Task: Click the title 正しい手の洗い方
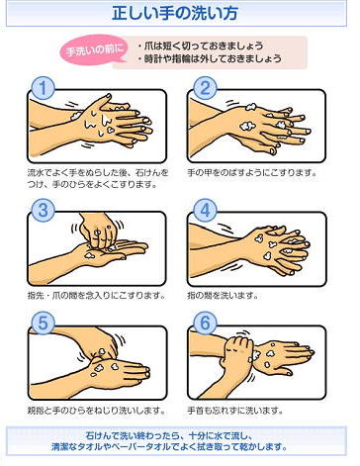coord(175,14)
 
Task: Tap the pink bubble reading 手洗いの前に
coord(94,50)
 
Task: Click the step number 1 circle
coord(44,88)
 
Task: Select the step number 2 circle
coord(205,88)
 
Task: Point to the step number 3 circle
coord(44,210)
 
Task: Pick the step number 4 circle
coord(205,210)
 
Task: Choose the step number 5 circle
coord(44,324)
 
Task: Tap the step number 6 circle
coord(205,324)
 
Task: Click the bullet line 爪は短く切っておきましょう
coord(201,46)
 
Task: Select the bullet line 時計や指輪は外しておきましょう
coord(210,58)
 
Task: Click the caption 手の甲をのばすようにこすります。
coord(252,172)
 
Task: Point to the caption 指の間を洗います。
coord(223,295)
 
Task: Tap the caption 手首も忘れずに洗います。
coord(235,411)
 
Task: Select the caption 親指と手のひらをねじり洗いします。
coord(97,411)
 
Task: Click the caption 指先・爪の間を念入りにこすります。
coord(97,295)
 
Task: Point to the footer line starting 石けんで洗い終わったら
coord(169,435)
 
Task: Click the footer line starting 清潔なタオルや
coord(169,447)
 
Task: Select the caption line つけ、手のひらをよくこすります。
coord(92,184)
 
